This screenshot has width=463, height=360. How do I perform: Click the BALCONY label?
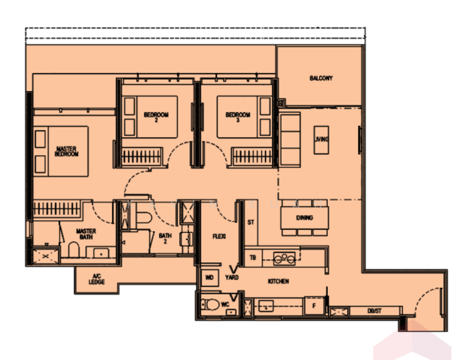pyautogui.click(x=321, y=78)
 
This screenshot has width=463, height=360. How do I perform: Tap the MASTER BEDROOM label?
pyautogui.click(x=67, y=151)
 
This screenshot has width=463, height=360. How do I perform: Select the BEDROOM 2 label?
pyautogui.click(x=156, y=117)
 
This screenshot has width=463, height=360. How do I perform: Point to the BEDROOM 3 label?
pyautogui.click(x=238, y=117)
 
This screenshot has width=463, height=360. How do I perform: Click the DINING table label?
pyautogui.click(x=304, y=218)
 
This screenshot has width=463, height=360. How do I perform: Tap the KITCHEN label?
pyautogui.click(x=278, y=281)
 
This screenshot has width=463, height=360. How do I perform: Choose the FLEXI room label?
pyautogui.click(x=219, y=236)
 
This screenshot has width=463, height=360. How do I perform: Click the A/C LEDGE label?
pyautogui.click(x=97, y=279)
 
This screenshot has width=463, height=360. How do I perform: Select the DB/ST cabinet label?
pyautogui.click(x=374, y=311)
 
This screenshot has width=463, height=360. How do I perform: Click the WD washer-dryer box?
pyautogui.click(x=210, y=277)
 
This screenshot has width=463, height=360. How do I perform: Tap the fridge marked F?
pyautogui.click(x=314, y=306)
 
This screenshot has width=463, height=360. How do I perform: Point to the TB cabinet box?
pyautogui.click(x=253, y=257)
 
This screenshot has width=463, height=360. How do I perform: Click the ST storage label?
pyautogui.click(x=250, y=222)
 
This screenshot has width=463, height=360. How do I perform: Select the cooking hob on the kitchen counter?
pyautogui.click(x=284, y=259)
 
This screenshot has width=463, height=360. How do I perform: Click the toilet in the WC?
pyautogui.click(x=210, y=305)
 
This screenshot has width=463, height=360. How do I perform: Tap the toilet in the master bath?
pyautogui.click(x=74, y=250)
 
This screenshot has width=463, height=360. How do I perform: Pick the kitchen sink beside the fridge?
pyautogui.click(x=266, y=306)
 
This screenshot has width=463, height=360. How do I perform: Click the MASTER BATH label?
pyautogui.click(x=86, y=234)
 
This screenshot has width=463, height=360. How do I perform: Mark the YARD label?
pyautogui.click(x=232, y=277)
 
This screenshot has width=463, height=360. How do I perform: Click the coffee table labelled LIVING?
pyautogui.click(x=321, y=140)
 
